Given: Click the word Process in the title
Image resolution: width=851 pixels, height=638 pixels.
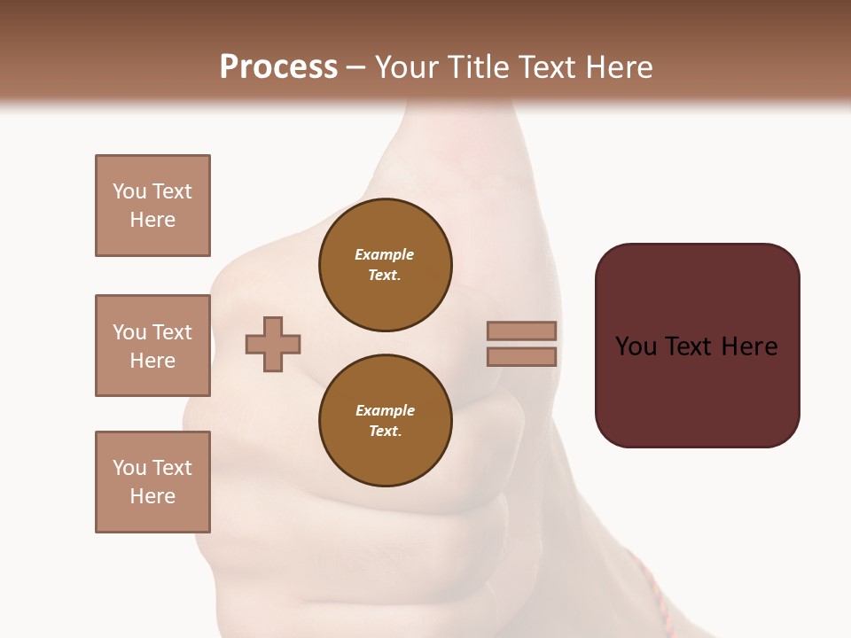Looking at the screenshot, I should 278,67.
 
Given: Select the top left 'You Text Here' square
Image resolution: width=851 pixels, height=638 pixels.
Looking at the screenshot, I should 152,206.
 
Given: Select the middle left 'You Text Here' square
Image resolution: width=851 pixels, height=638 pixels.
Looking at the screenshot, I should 152,346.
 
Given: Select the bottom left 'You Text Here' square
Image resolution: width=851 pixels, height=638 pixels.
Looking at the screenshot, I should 152,482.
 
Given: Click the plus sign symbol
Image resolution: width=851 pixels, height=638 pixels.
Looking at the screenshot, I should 273,344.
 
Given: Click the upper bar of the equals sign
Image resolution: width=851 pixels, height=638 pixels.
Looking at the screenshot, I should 522,331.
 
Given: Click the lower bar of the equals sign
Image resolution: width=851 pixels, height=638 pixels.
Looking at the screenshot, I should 522,356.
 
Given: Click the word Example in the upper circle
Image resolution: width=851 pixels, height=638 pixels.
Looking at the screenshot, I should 385,254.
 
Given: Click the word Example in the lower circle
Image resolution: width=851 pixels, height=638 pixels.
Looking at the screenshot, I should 385,410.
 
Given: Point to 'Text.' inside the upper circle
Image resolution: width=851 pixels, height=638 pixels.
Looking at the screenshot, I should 385,276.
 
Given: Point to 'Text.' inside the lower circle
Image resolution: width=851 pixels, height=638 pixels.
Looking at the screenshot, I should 385,432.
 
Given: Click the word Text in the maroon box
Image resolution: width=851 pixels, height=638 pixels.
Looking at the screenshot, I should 688,346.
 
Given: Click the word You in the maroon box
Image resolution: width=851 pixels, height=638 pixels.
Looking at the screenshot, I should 636,346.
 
